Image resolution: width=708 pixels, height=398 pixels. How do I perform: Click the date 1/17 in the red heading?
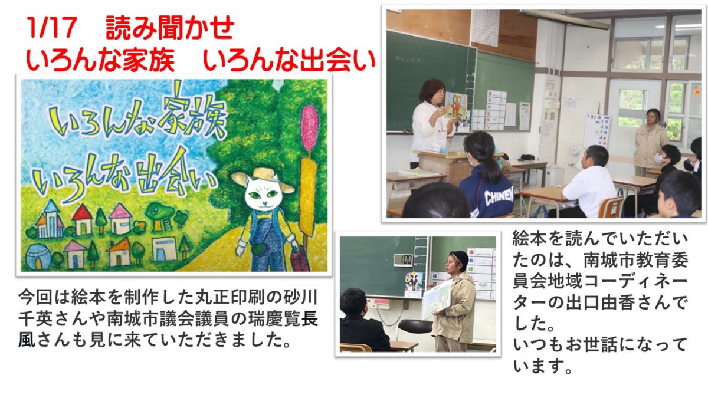52,28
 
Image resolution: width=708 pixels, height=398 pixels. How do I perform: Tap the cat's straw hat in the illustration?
263,179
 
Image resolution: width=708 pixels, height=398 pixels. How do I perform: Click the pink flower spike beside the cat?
309,127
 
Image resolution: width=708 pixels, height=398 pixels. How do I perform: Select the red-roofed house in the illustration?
82,219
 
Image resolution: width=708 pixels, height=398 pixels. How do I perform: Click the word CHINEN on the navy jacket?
499,197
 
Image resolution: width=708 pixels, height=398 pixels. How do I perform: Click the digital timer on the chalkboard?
403,260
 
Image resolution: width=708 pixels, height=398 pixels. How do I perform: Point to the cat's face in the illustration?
264,193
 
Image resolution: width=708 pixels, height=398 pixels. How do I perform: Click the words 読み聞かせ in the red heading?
170,28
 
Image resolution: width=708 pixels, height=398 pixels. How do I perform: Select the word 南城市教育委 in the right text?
635,259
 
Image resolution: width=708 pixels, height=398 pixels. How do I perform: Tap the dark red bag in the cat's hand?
300,259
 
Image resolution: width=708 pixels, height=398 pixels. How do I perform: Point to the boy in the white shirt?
588,183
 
